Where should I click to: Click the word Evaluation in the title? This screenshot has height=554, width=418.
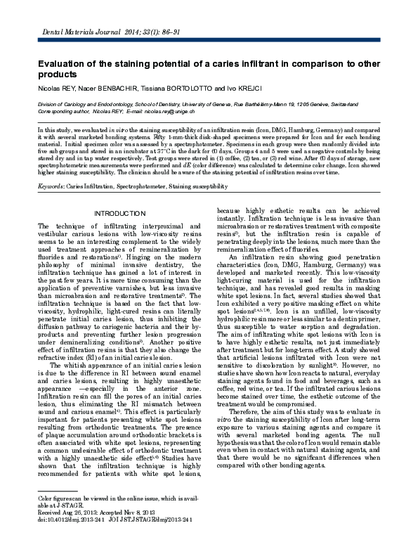pyautogui.click(x=63, y=63)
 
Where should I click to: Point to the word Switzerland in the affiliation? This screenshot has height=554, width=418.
pyautogui.click(x=358, y=104)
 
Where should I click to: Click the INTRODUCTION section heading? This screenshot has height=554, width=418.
pyautogui.click(x=119, y=213)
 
